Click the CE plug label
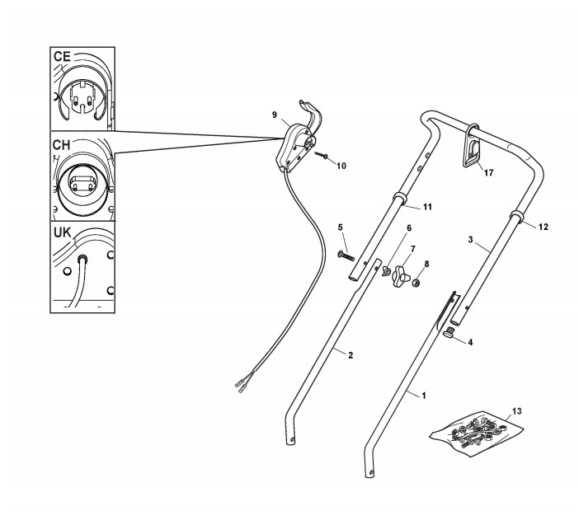pyautogui.click(x=63, y=56)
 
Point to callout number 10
pyautogui.click(x=341, y=166)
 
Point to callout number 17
pyautogui.click(x=489, y=172)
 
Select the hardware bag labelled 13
pyautogui.click(x=478, y=430)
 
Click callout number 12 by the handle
pyautogui.click(x=543, y=225)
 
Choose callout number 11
pyautogui.click(x=428, y=207)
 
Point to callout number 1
pyautogui.click(x=423, y=396)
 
